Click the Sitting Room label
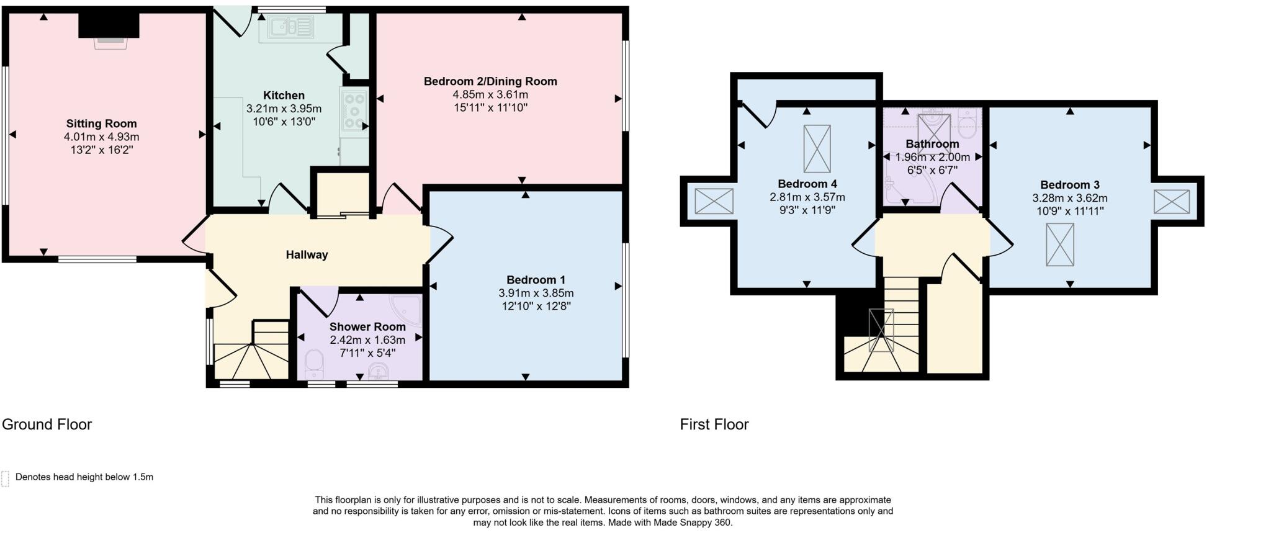point(101,123)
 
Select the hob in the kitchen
point(354,110)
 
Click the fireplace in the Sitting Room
point(109,32)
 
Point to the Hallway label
point(307,254)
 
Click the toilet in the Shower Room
point(314,364)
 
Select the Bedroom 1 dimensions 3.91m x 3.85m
point(536,293)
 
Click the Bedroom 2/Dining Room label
point(490,81)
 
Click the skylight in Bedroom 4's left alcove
point(714,201)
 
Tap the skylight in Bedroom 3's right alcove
point(1172,202)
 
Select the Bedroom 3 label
point(1069,185)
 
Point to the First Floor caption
point(714,424)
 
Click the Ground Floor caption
point(47,424)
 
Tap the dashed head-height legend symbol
point(5,478)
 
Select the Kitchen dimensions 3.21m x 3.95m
point(284,109)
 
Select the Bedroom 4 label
point(807,184)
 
